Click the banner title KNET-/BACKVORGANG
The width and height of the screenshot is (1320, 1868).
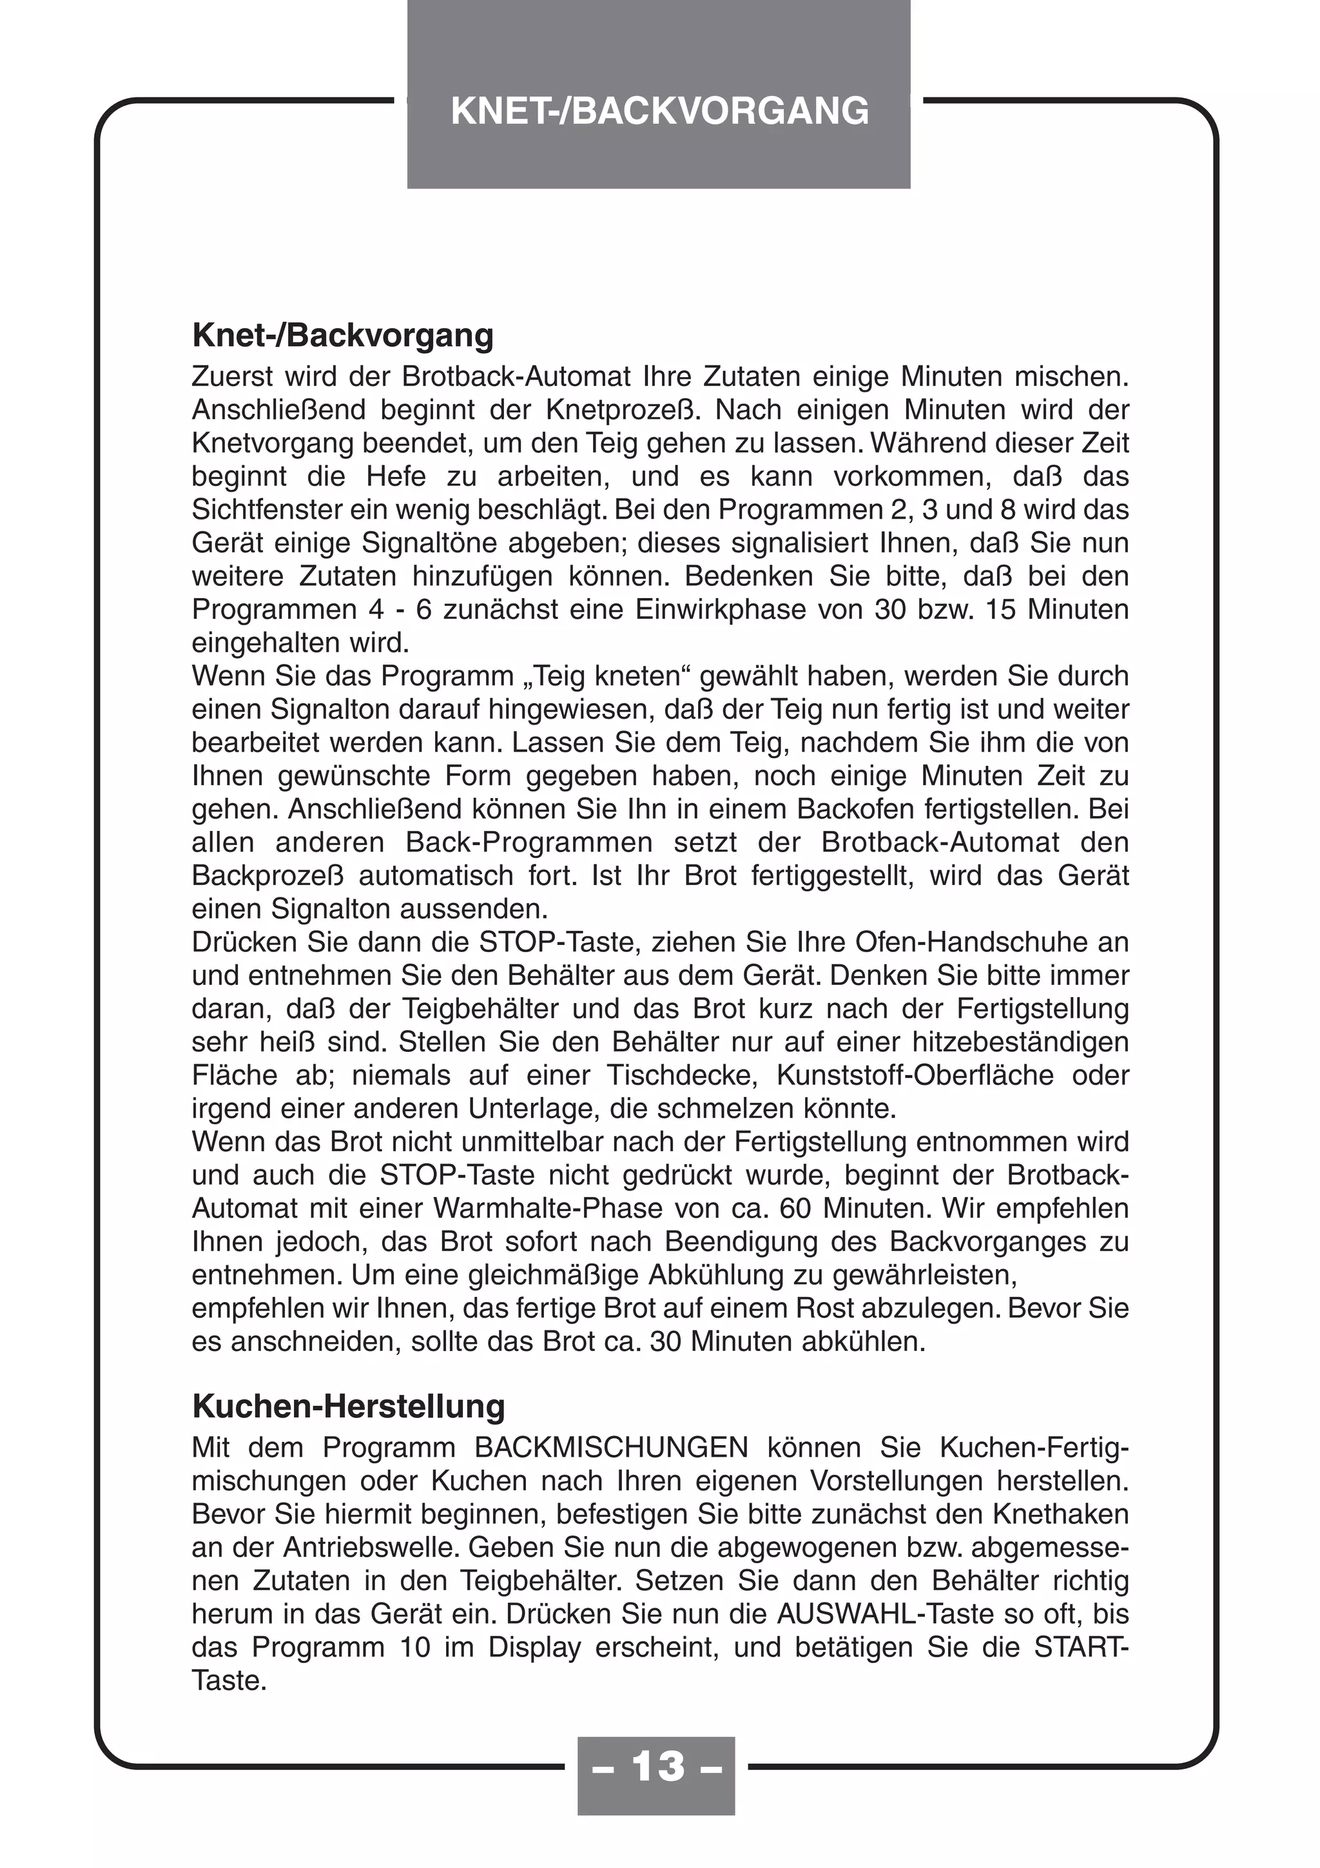(659, 112)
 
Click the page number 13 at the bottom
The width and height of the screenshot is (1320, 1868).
(656, 1766)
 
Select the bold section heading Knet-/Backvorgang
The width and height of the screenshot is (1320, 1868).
(342, 335)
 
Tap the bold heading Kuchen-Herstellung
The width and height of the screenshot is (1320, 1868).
(348, 1406)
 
